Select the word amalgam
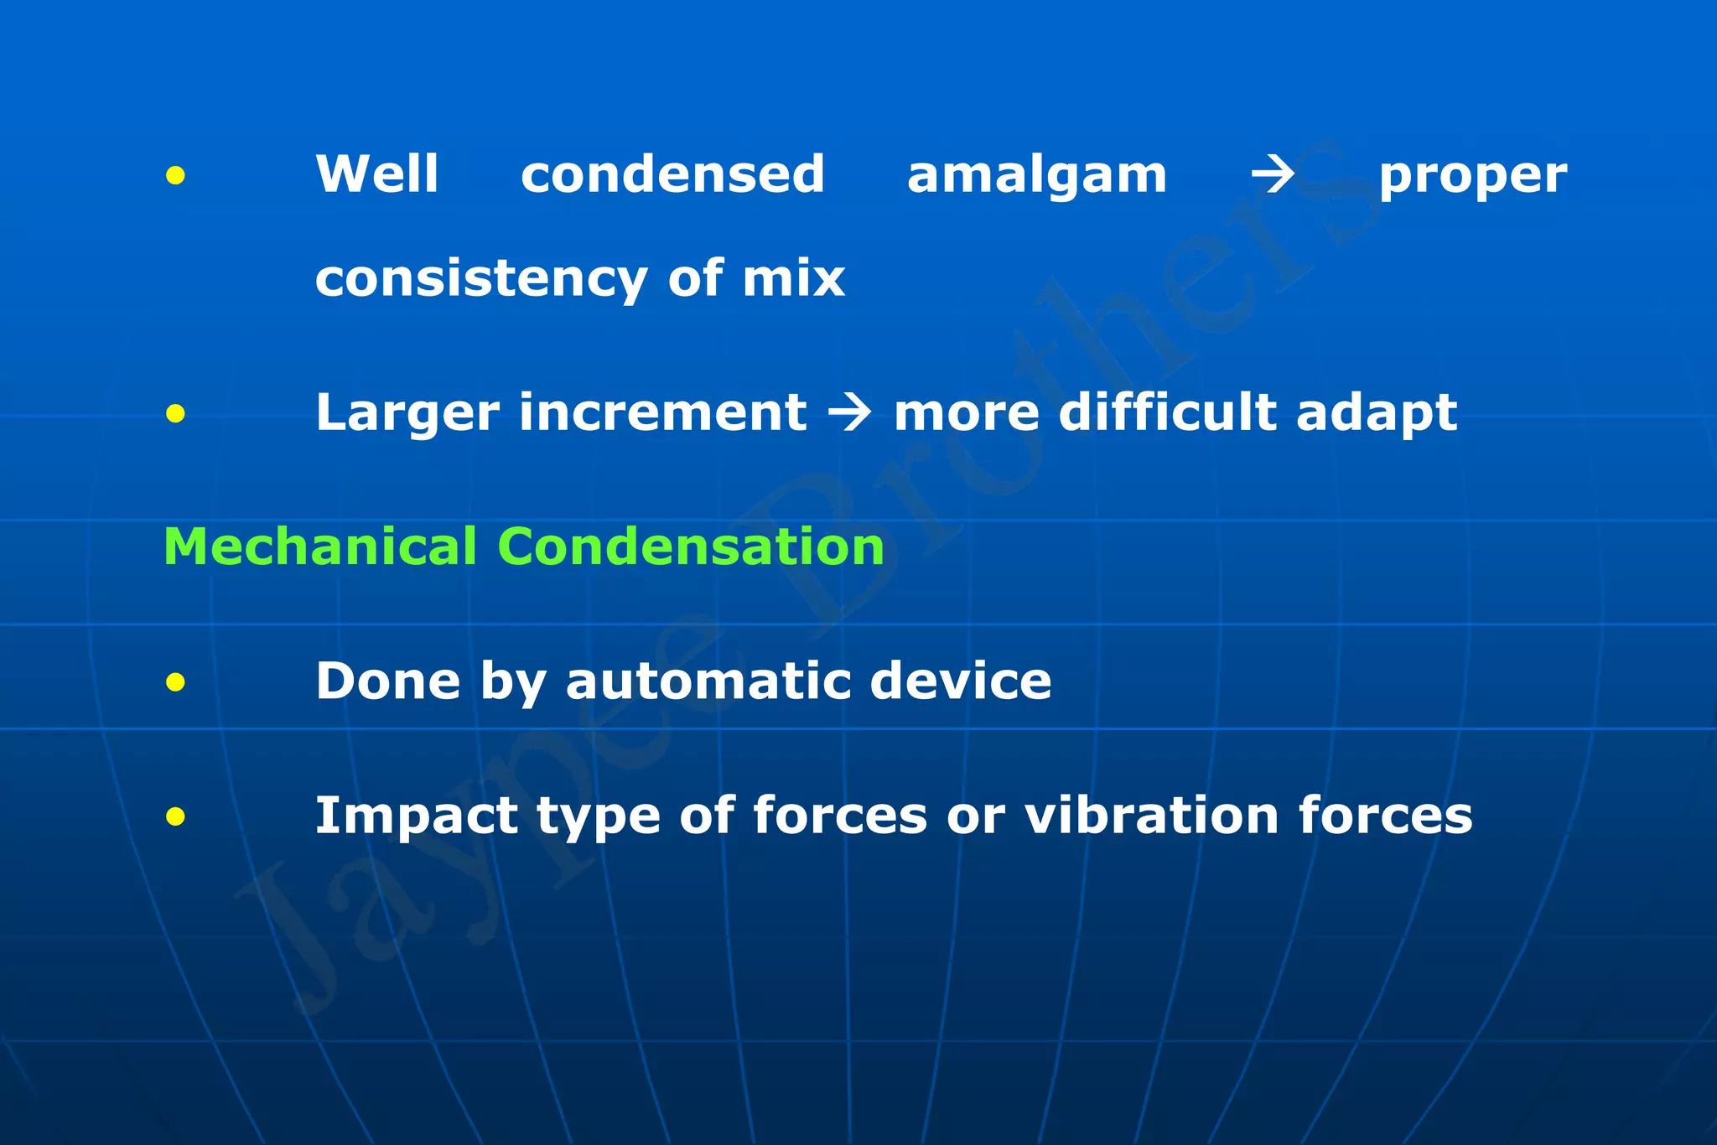tap(1037, 176)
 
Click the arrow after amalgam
tap(1273, 175)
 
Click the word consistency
tap(480, 278)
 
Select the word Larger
tap(407, 413)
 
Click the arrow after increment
tap(849, 412)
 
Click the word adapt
tap(1376, 413)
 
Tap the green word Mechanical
tap(320, 547)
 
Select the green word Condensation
tap(691, 547)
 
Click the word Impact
tap(417, 816)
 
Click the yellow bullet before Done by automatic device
tap(175, 682)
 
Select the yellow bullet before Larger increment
tap(175, 413)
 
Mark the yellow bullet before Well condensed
tap(175, 176)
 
